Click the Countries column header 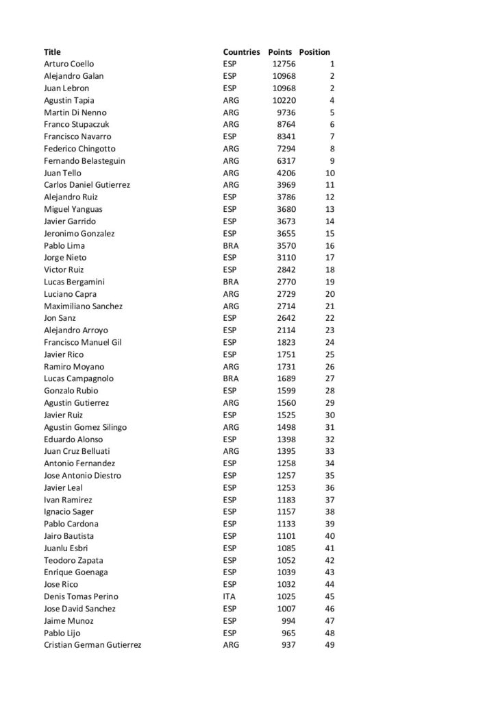(241, 52)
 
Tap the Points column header (280, 52)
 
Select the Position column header (314, 52)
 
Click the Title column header (52, 52)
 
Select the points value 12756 (284, 64)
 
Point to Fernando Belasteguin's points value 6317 (286, 161)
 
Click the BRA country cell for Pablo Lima (231, 245)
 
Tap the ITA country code (230, 596)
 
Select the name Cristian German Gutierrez (92, 645)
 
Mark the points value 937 (288, 645)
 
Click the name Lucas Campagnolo (79, 378)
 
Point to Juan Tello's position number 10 (330, 173)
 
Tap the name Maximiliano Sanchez (83, 306)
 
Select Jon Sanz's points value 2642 (286, 318)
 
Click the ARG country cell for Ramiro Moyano (232, 367)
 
